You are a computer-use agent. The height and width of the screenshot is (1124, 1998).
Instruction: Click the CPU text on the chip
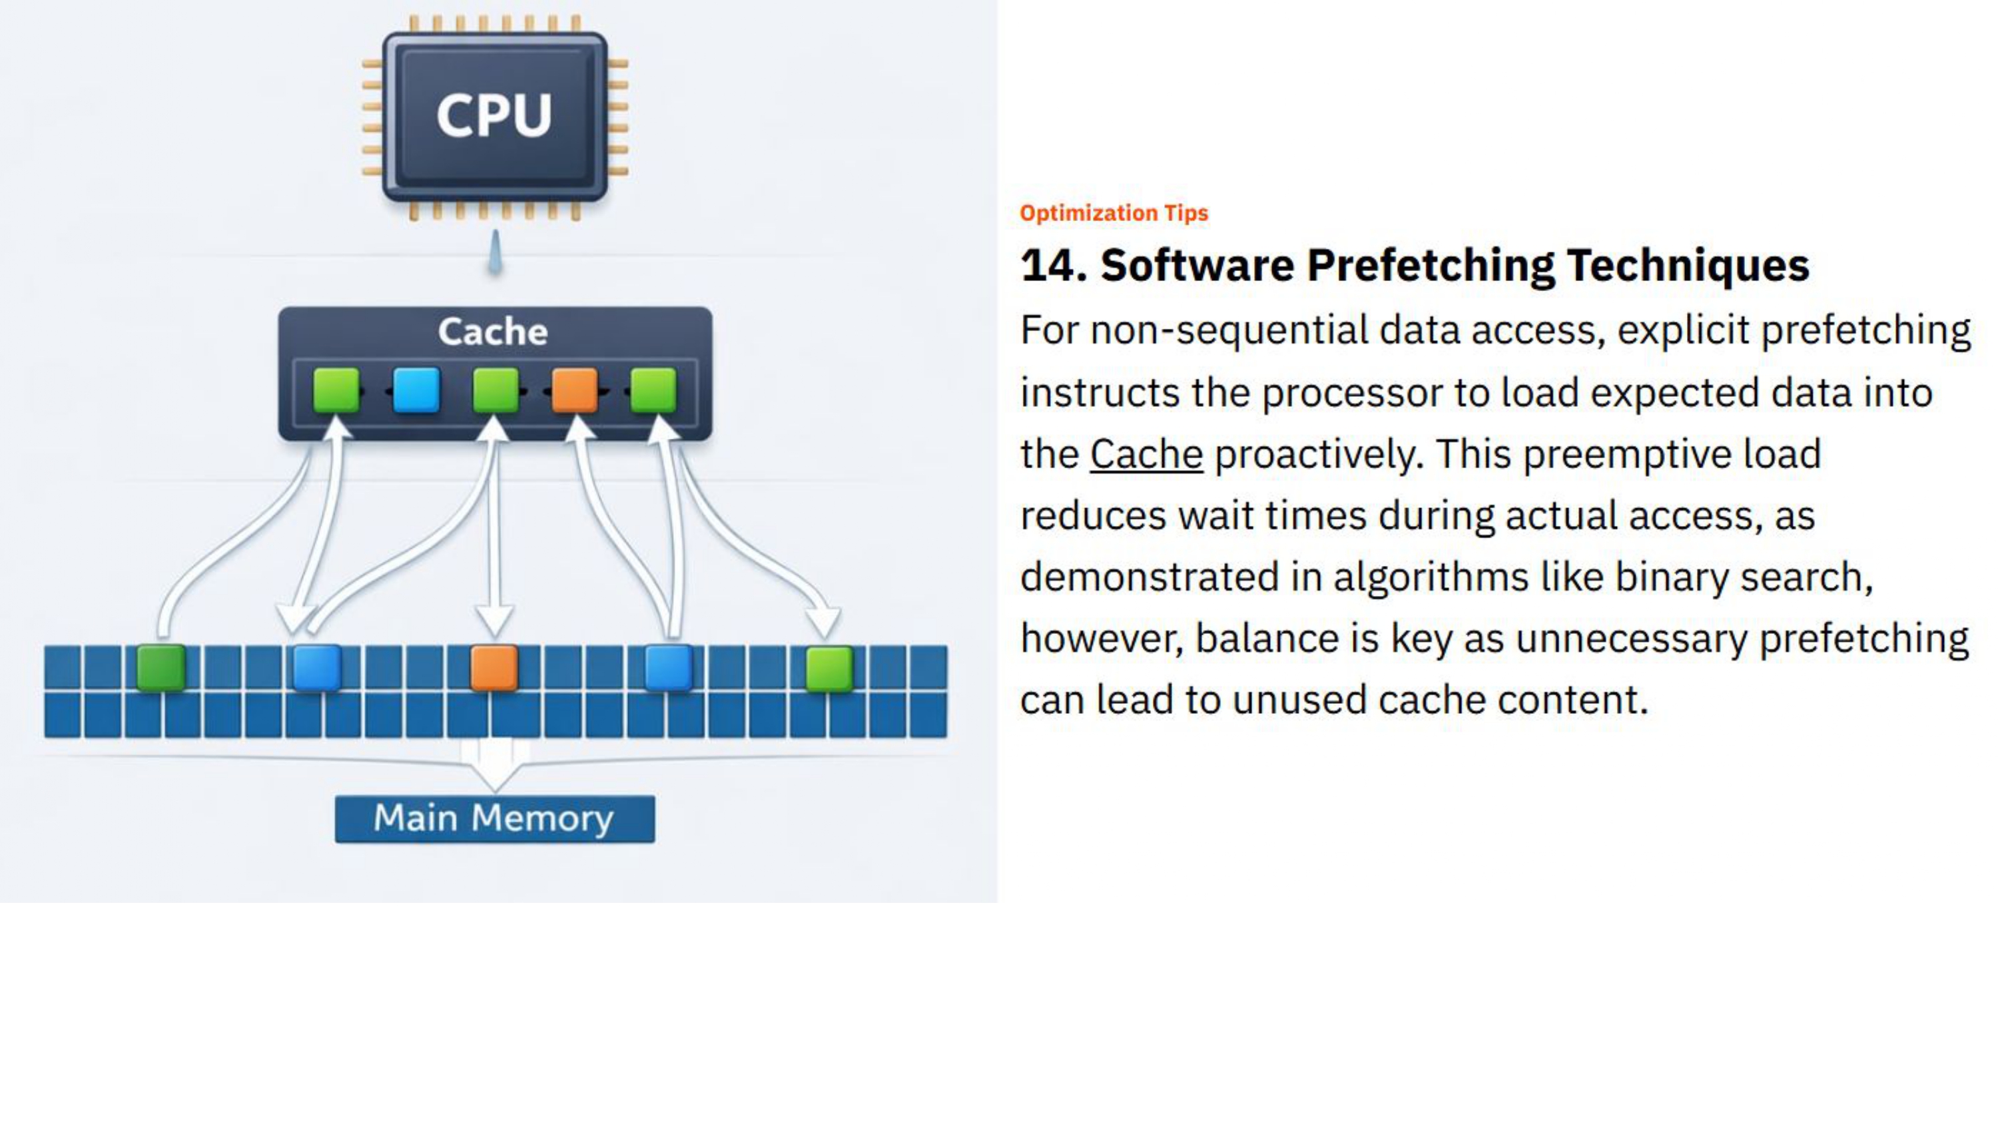coord(494,115)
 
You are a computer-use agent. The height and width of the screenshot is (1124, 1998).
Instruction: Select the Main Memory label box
coord(494,818)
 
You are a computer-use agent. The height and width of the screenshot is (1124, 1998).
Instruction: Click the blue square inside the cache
coord(416,390)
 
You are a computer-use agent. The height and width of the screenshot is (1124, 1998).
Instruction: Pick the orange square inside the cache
coord(575,390)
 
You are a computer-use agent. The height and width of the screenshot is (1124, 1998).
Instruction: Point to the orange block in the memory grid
coord(494,667)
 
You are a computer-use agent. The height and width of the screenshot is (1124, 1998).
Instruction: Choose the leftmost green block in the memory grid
coord(161,667)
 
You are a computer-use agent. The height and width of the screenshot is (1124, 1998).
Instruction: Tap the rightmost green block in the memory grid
coord(829,669)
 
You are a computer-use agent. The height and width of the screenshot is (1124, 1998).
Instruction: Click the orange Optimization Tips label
coord(1114,213)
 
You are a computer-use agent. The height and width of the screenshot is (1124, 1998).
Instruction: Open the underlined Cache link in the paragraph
coord(1146,453)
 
